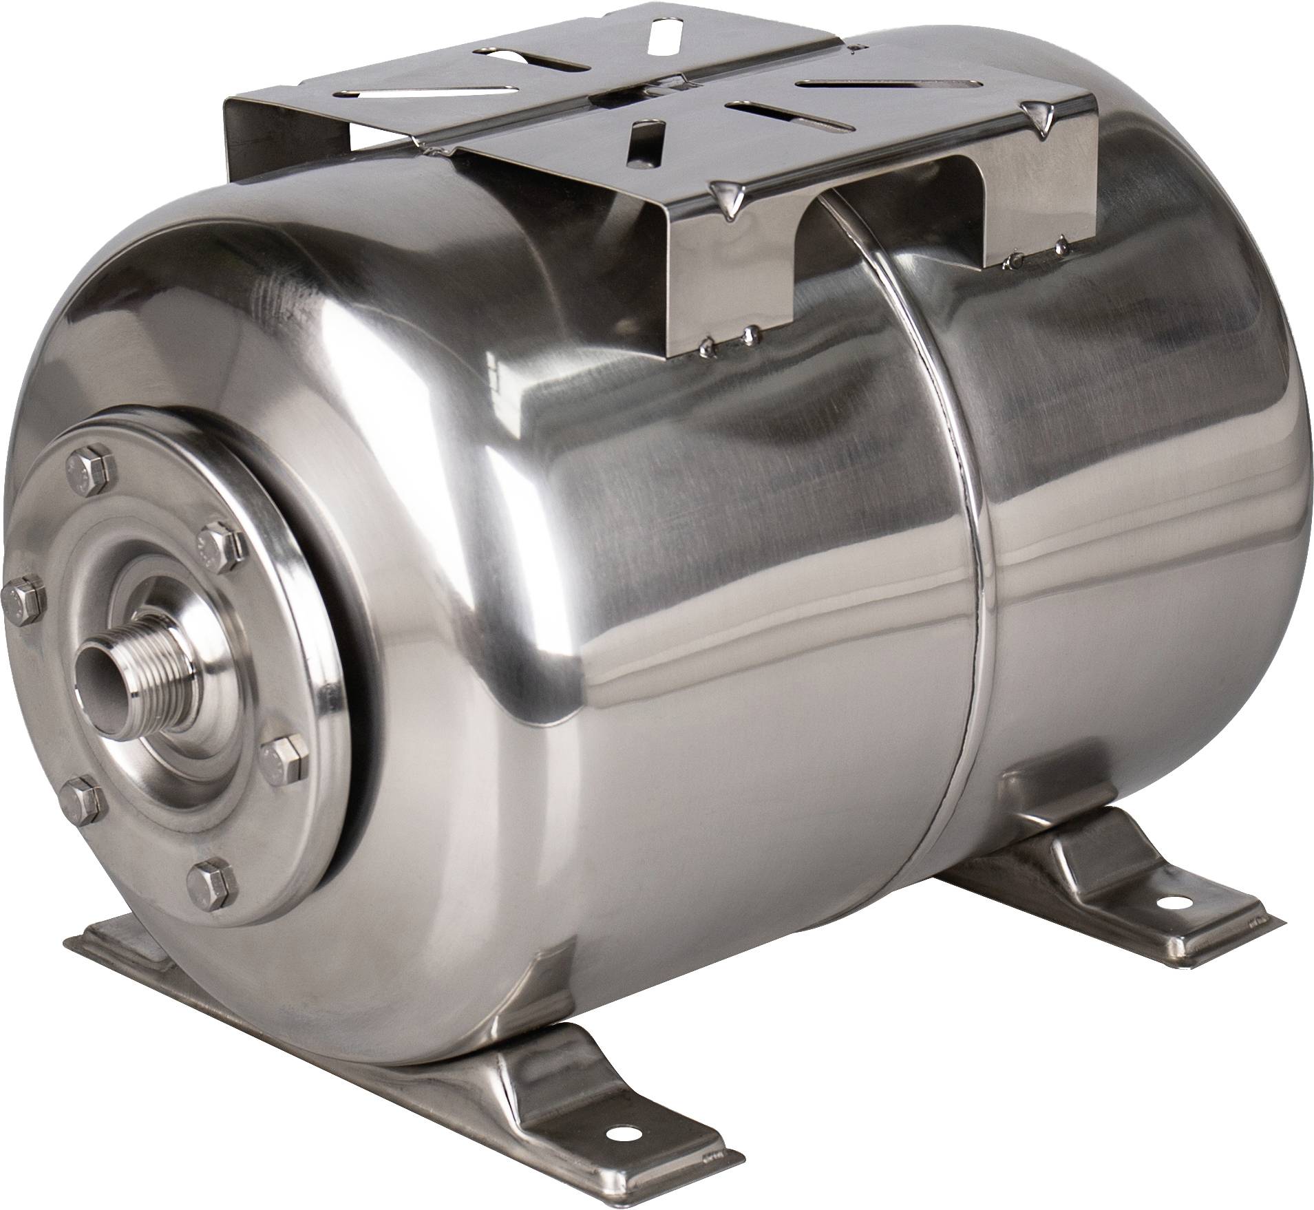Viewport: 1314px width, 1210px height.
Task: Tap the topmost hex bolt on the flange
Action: pos(85,474)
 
